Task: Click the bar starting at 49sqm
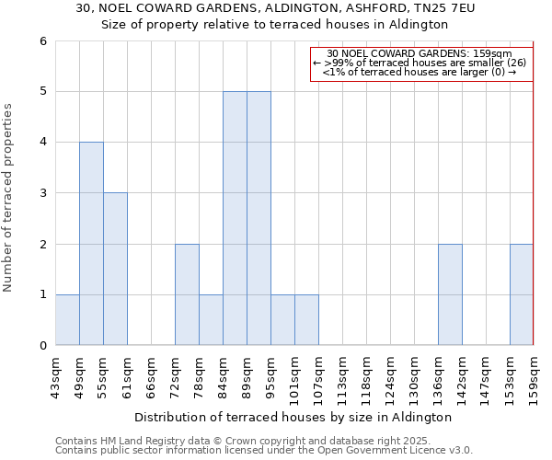coord(91,244)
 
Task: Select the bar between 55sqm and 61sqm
coord(115,269)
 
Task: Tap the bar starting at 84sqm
coord(235,218)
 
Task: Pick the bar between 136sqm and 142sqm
coord(450,294)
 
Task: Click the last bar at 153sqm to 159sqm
coord(522,294)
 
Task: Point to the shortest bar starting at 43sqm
coord(67,319)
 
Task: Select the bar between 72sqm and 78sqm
coord(187,294)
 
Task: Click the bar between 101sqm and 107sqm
coord(306,319)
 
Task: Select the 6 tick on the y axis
coord(42,41)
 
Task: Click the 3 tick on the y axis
coord(42,193)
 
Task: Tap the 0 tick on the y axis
coord(42,345)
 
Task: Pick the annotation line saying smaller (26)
coord(420,63)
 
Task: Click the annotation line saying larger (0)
coord(420,72)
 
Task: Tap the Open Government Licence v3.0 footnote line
coord(264,450)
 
